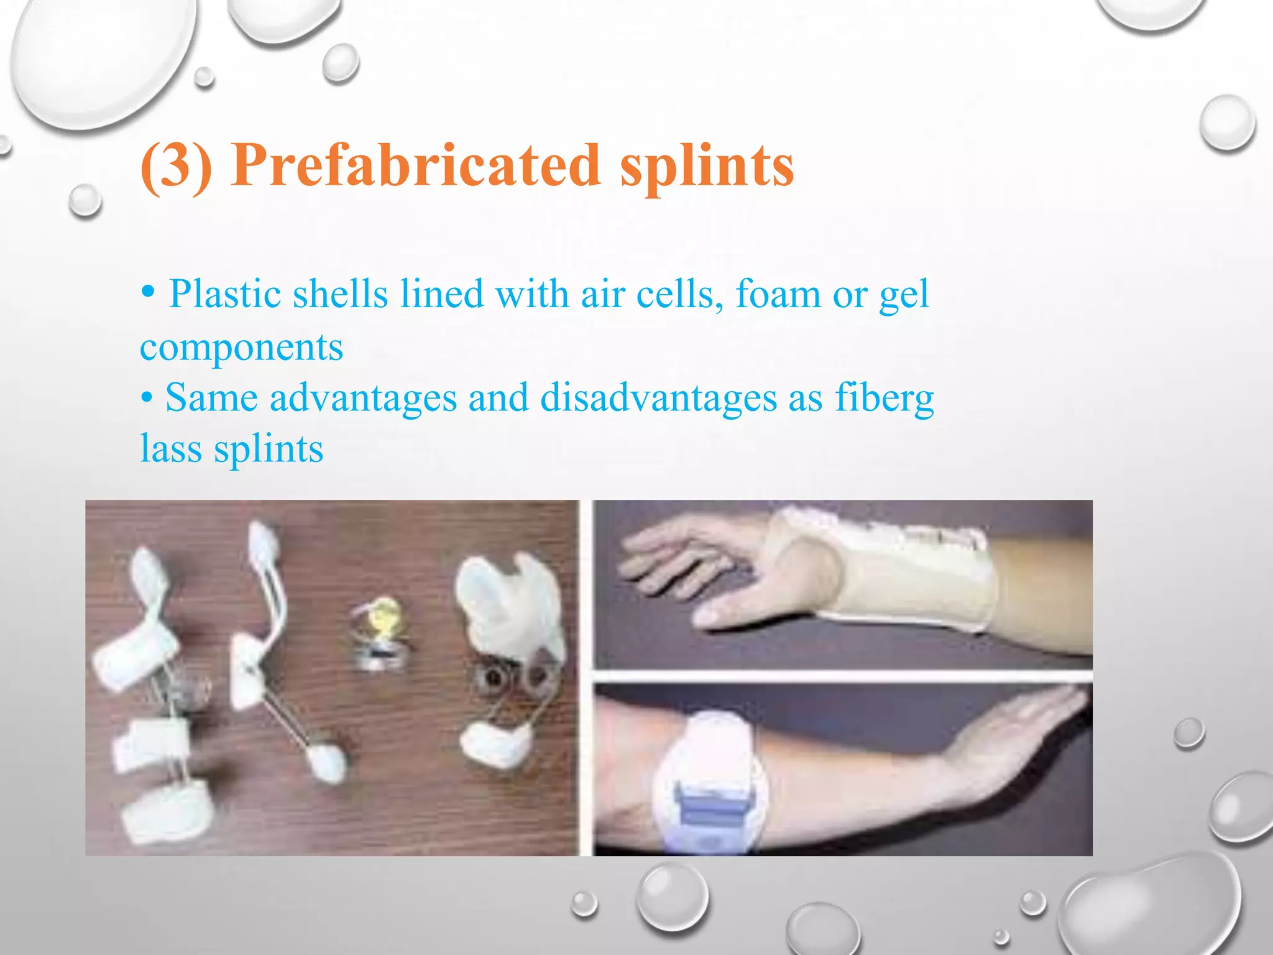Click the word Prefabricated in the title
tap(416, 165)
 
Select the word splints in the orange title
tap(707, 166)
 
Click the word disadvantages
tap(658, 397)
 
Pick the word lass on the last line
tap(171, 448)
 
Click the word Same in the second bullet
tap(211, 397)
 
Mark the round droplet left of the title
tap(85, 200)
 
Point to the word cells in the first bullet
tap(680, 294)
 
